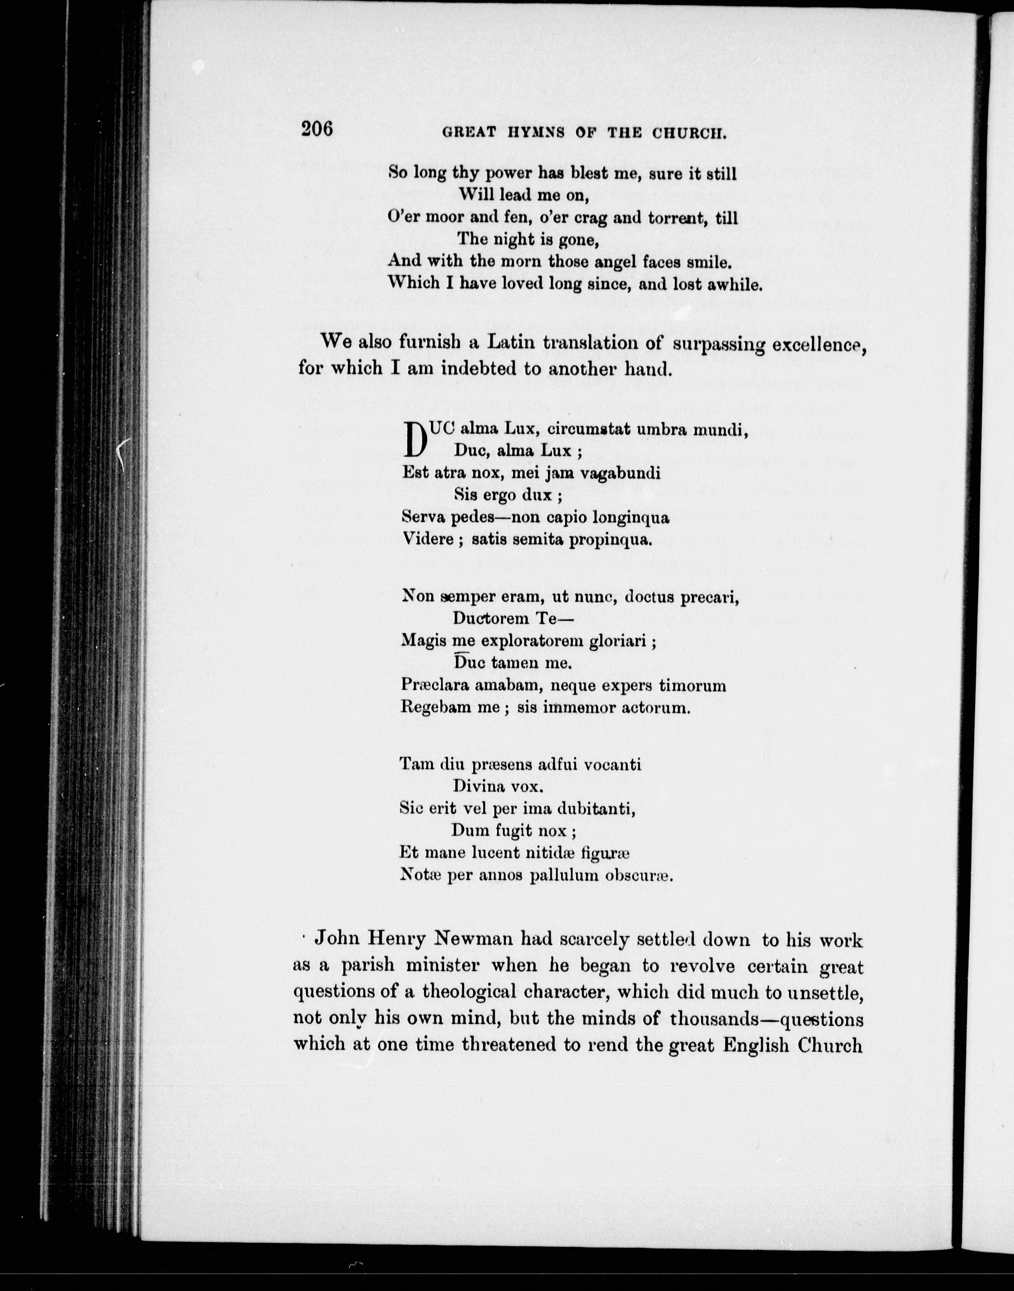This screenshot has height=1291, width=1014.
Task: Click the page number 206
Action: click(x=317, y=129)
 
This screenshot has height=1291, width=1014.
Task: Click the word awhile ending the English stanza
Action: click(x=735, y=284)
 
